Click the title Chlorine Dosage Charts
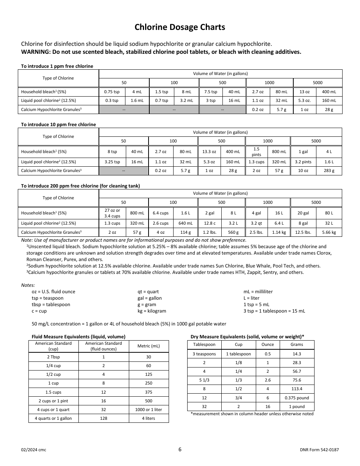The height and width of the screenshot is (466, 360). pos(180,27)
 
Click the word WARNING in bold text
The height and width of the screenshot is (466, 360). pos(36,52)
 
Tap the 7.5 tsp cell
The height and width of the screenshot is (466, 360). pos(211,92)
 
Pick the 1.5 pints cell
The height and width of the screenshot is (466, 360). pos(257,152)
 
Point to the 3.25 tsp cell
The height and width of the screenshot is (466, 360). pos(112,162)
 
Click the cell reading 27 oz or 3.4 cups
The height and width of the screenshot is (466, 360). pos(112,213)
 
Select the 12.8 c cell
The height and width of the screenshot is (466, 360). pos(210,224)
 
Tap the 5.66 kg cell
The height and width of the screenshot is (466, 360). pos(329,232)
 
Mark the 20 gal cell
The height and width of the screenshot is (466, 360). pos(303,213)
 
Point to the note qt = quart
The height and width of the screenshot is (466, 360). pos(148,292)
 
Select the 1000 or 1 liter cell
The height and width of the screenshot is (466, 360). pos(149,410)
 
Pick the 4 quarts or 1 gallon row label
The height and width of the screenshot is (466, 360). pos(53,418)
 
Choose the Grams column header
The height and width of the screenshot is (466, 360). pos(297,344)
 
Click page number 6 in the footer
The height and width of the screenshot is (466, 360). pos(180,450)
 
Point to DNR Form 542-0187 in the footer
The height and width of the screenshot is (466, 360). pos(319,450)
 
